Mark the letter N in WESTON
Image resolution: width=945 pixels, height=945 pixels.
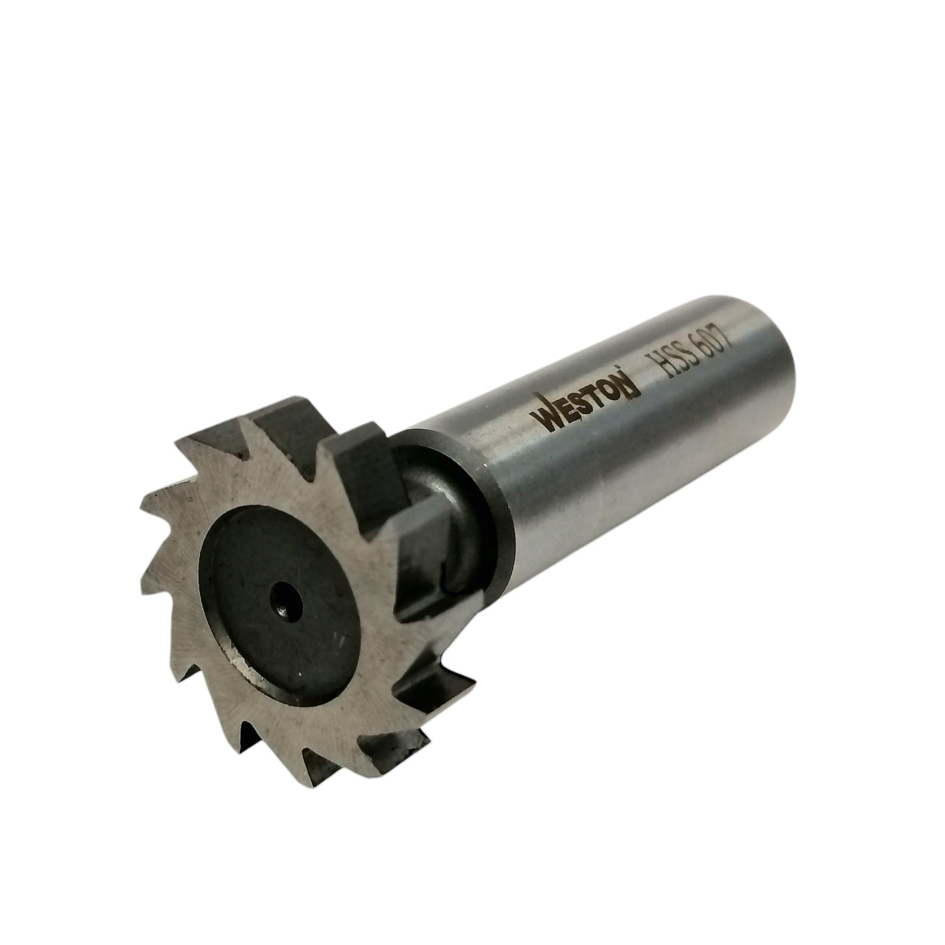coord(629,385)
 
